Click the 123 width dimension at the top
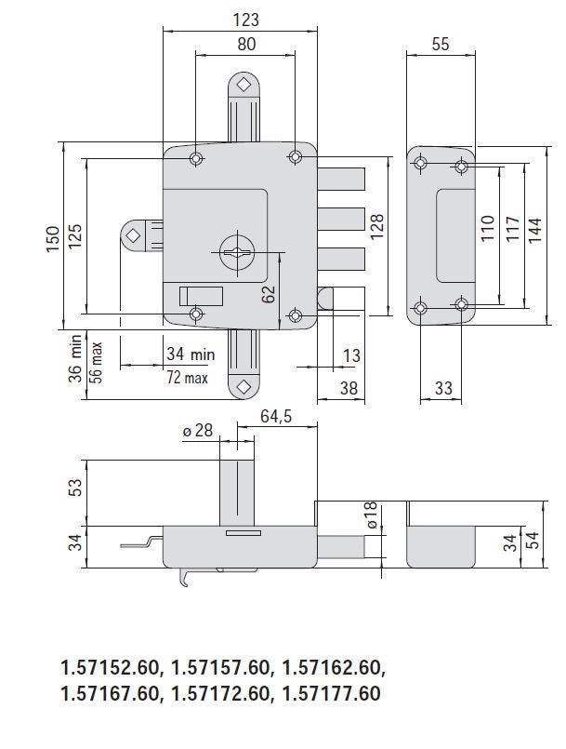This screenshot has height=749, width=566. click(x=245, y=20)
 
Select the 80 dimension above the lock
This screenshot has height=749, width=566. click(x=246, y=44)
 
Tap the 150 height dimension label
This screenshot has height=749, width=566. click(x=53, y=239)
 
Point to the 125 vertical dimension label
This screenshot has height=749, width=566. click(x=75, y=239)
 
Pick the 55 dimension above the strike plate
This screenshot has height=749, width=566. click(x=441, y=44)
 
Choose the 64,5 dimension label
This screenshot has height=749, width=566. click(x=276, y=418)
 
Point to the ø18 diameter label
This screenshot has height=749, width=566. click(x=371, y=516)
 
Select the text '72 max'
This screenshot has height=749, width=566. click(x=187, y=377)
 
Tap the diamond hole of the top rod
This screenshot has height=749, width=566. click(x=244, y=84)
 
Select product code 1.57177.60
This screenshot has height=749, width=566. click(x=331, y=693)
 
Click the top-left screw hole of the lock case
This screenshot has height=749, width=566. click(x=195, y=159)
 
